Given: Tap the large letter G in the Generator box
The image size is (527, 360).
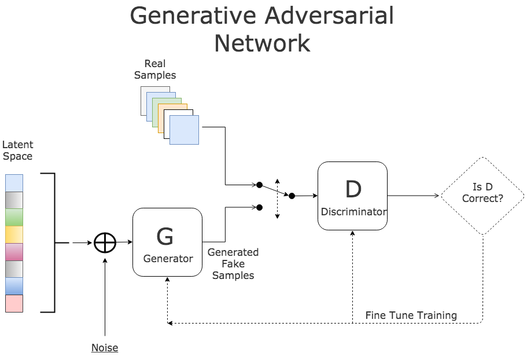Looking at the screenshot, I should tap(165, 237).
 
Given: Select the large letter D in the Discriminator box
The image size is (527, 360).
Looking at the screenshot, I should tap(353, 189).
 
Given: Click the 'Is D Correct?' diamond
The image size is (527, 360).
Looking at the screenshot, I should tap(482, 196).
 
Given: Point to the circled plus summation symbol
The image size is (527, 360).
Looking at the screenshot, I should tap(105, 243).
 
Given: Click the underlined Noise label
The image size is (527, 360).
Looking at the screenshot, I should tap(105, 348).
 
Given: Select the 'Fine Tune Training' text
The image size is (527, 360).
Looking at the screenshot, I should tap(411, 315).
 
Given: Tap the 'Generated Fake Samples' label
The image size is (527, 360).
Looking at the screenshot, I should tap(233, 264).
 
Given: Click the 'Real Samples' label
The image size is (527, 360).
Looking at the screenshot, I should tap(155, 69).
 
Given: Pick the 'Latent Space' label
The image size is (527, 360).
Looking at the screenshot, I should tap(18, 150).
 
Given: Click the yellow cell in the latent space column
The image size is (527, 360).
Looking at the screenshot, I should tap(14, 234).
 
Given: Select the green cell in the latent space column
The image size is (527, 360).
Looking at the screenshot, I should tap(14, 217).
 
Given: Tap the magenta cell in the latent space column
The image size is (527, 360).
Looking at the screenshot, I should tap(14, 252).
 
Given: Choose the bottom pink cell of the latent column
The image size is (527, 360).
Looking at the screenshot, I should tap(14, 304).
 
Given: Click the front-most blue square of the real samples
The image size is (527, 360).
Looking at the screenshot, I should tap(184, 130).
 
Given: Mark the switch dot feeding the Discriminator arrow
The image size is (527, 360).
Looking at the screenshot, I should tap(292, 196).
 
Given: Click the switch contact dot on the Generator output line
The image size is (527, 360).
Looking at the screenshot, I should tap(260, 207).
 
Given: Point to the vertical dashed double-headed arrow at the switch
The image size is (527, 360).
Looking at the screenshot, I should tap(277, 198).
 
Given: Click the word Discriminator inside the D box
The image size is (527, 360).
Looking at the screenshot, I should tap(353, 212).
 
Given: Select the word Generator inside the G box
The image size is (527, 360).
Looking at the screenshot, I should tap(168, 259).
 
